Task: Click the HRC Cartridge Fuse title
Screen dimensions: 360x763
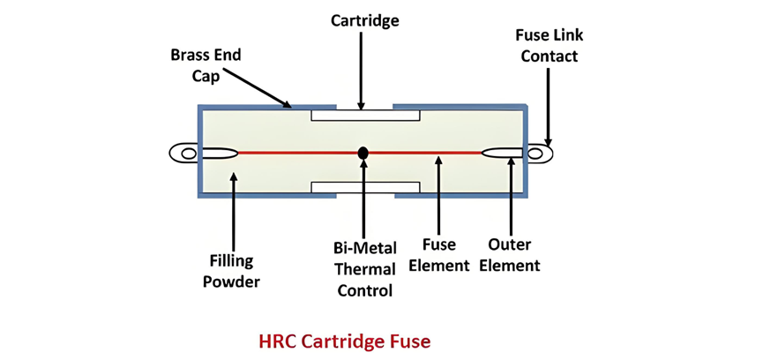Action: point(344,340)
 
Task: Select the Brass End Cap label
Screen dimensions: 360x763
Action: point(206,64)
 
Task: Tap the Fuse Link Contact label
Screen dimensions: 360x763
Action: point(550,45)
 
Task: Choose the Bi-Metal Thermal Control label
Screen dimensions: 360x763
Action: point(363,268)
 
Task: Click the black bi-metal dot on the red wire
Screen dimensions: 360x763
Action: point(363,153)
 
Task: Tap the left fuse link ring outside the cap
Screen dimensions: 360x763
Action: point(186,154)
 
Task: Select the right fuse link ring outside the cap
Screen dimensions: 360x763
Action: point(537,154)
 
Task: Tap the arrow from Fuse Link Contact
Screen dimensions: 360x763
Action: point(549,106)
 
